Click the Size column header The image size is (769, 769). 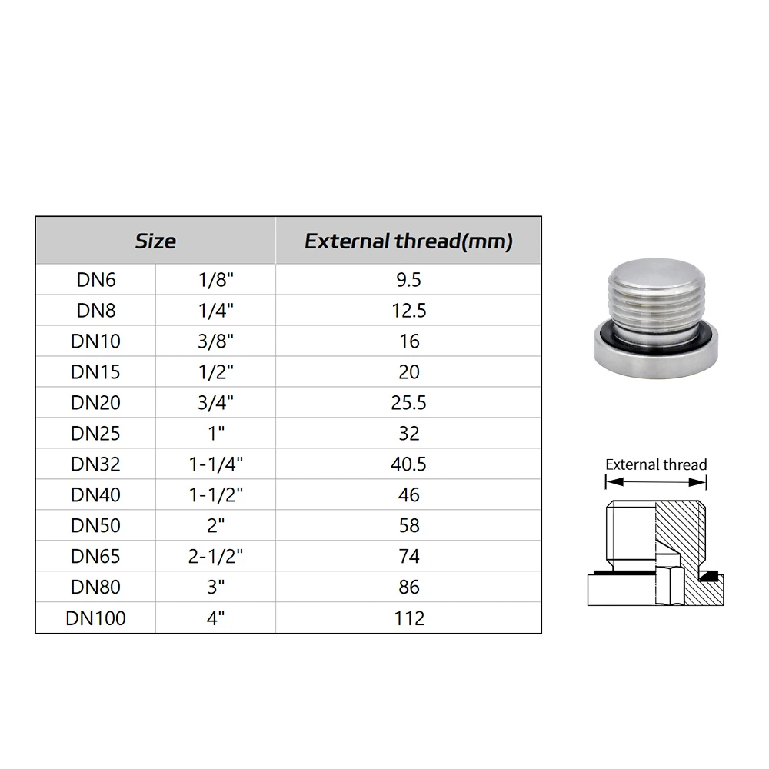[x=155, y=241]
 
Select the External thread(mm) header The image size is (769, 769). [x=408, y=241]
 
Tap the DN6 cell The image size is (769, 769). [x=96, y=280]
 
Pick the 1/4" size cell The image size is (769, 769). [x=216, y=311]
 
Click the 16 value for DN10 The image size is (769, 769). [x=409, y=341]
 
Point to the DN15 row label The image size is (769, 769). [x=95, y=372]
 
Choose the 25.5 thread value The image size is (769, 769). [x=408, y=403]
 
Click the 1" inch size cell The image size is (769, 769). [x=216, y=434]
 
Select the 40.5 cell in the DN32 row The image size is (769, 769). [x=408, y=464]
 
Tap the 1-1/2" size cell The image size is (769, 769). [x=216, y=494]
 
